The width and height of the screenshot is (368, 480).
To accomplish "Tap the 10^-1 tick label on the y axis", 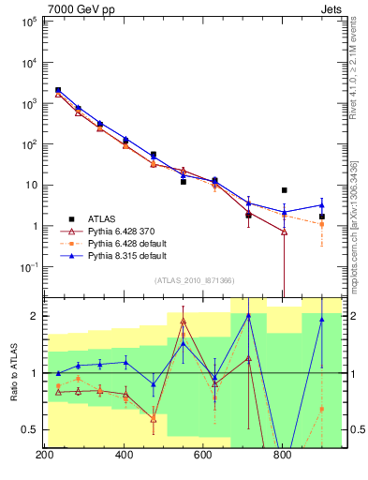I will click(27, 267).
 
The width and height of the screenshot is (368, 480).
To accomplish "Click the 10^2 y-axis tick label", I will click(27, 144).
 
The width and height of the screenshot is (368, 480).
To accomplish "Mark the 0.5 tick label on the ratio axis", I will click(29, 430).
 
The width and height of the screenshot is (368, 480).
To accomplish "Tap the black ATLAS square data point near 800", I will click(284, 190).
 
